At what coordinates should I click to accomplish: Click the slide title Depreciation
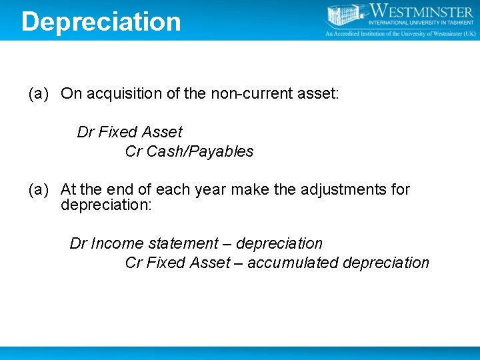pyautogui.click(x=101, y=21)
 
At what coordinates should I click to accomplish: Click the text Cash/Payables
pyautogui.click(x=200, y=152)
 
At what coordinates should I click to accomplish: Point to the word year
pyautogui.click(x=210, y=190)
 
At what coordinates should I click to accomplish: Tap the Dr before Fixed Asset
pyautogui.click(x=85, y=133)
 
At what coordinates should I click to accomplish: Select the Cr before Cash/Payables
pyautogui.click(x=133, y=152)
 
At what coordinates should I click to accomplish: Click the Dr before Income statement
pyautogui.click(x=78, y=244)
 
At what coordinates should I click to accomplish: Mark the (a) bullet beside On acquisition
pyautogui.click(x=39, y=94)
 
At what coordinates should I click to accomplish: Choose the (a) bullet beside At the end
pyautogui.click(x=39, y=190)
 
